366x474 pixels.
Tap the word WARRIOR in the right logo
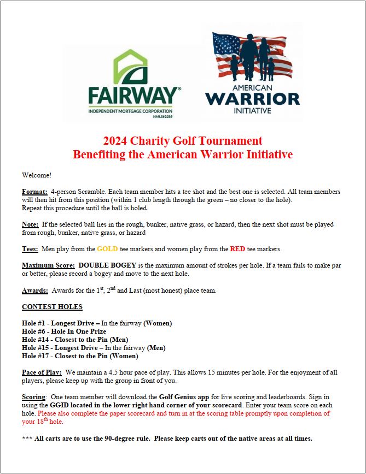[252, 98]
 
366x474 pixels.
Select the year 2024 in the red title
[117, 141]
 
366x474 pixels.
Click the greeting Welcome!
[37, 175]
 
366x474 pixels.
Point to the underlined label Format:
[34, 192]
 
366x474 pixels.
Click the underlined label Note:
[30, 224]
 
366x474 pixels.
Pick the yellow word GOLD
[108, 249]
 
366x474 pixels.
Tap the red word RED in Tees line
[237, 249]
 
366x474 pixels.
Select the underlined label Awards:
[36, 291]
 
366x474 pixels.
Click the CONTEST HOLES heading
[53, 307]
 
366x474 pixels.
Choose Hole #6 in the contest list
[33, 331]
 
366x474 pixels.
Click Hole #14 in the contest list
[34, 340]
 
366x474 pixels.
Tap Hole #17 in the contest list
[34, 356]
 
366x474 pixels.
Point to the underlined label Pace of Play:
[42, 372]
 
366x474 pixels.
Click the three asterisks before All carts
[27, 439]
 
